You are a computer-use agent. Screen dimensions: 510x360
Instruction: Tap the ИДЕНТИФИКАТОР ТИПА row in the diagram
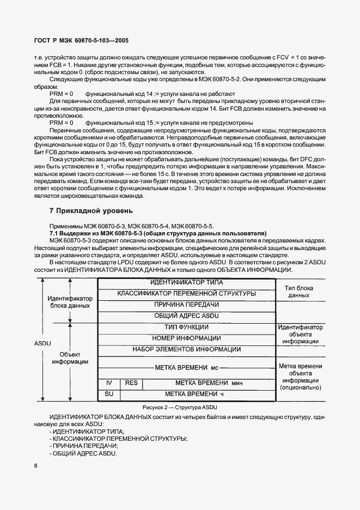point(186,283)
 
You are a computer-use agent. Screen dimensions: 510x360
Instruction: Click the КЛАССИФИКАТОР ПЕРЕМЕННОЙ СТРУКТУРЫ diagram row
point(186,294)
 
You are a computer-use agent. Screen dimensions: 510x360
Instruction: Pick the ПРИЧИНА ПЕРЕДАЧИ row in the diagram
point(186,305)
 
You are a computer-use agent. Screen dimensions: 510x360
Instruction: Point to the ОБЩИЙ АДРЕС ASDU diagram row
point(186,315)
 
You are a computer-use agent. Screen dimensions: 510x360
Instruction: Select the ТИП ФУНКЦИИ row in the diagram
point(186,327)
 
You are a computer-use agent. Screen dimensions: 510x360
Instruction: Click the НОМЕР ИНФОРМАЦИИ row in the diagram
point(186,338)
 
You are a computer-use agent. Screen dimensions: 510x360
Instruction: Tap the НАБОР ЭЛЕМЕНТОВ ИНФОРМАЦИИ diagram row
point(186,349)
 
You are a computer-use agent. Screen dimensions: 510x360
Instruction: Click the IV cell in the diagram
point(108,383)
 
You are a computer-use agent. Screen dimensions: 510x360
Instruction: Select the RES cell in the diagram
point(131,383)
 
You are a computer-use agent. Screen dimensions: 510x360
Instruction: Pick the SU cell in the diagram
point(108,393)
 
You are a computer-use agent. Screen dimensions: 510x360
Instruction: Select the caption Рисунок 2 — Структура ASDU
point(180,408)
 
